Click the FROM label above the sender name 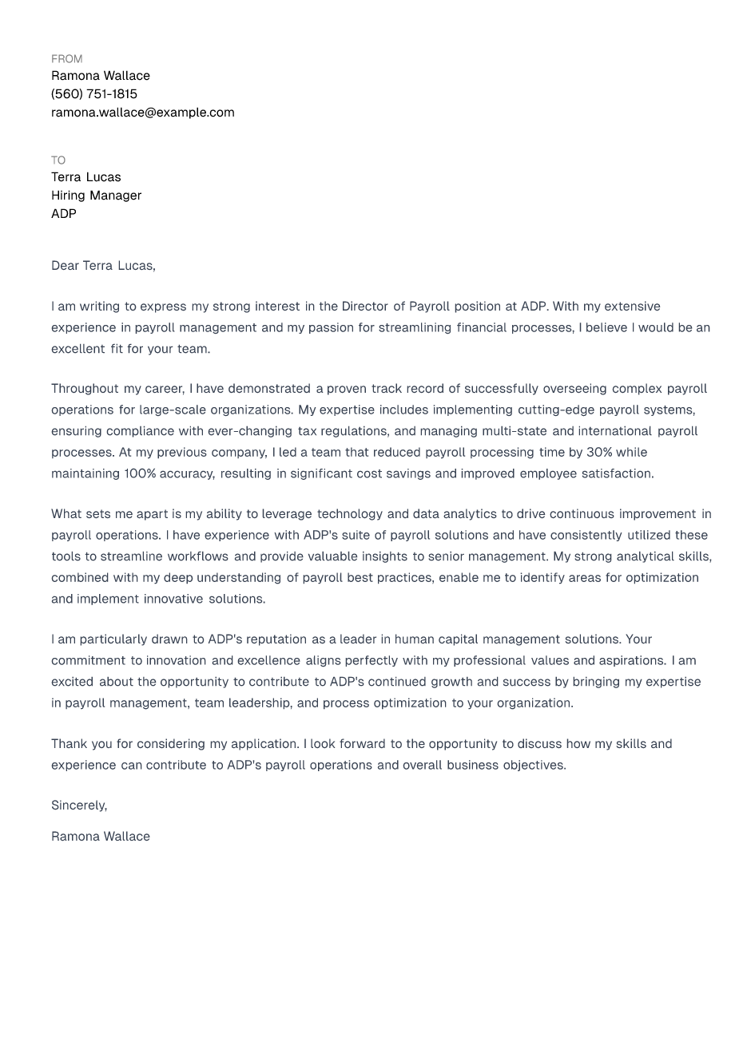coord(66,59)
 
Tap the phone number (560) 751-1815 coord(94,94)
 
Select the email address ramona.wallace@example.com coord(143,113)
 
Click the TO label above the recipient coord(58,160)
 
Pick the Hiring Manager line coord(96,196)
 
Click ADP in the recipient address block coord(64,214)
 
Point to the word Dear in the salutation coord(65,266)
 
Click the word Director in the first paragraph coord(365,307)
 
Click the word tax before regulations coord(308,431)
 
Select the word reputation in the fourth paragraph coord(276,639)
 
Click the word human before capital coord(414,639)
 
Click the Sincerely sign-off coord(79,806)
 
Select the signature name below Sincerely coord(101,837)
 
